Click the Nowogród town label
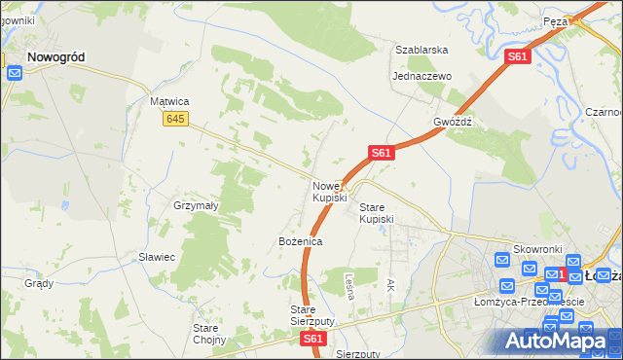coord(55,57)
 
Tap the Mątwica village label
coord(168,101)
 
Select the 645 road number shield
coord(175,119)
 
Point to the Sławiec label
coord(156,257)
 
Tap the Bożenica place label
coord(300,240)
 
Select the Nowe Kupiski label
coord(329,192)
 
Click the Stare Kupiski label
coord(377,213)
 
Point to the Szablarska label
coord(421,49)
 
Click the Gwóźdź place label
coord(453,123)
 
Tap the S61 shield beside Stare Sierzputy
coord(311,340)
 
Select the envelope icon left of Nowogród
coord(15,73)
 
